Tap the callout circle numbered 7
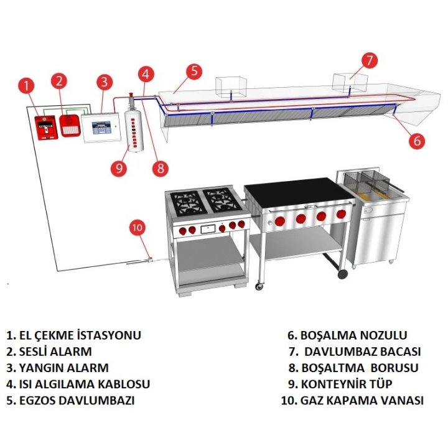[x=370, y=60]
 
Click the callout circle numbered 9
[x=118, y=167]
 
